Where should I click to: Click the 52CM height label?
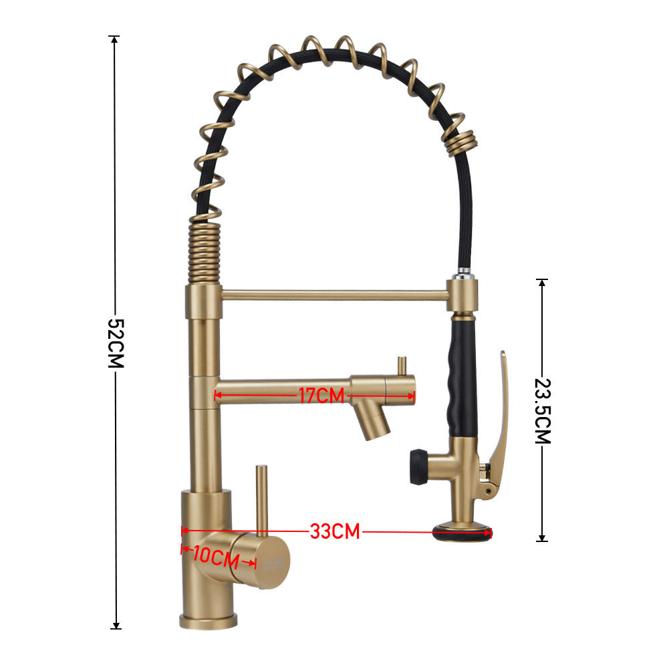(x=116, y=343)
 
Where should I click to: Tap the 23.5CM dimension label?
(x=543, y=411)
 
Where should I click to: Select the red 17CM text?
(x=321, y=396)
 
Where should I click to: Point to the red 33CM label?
(x=335, y=531)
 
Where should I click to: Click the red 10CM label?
(x=217, y=557)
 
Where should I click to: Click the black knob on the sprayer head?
(x=418, y=466)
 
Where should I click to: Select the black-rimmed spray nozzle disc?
(x=462, y=532)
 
